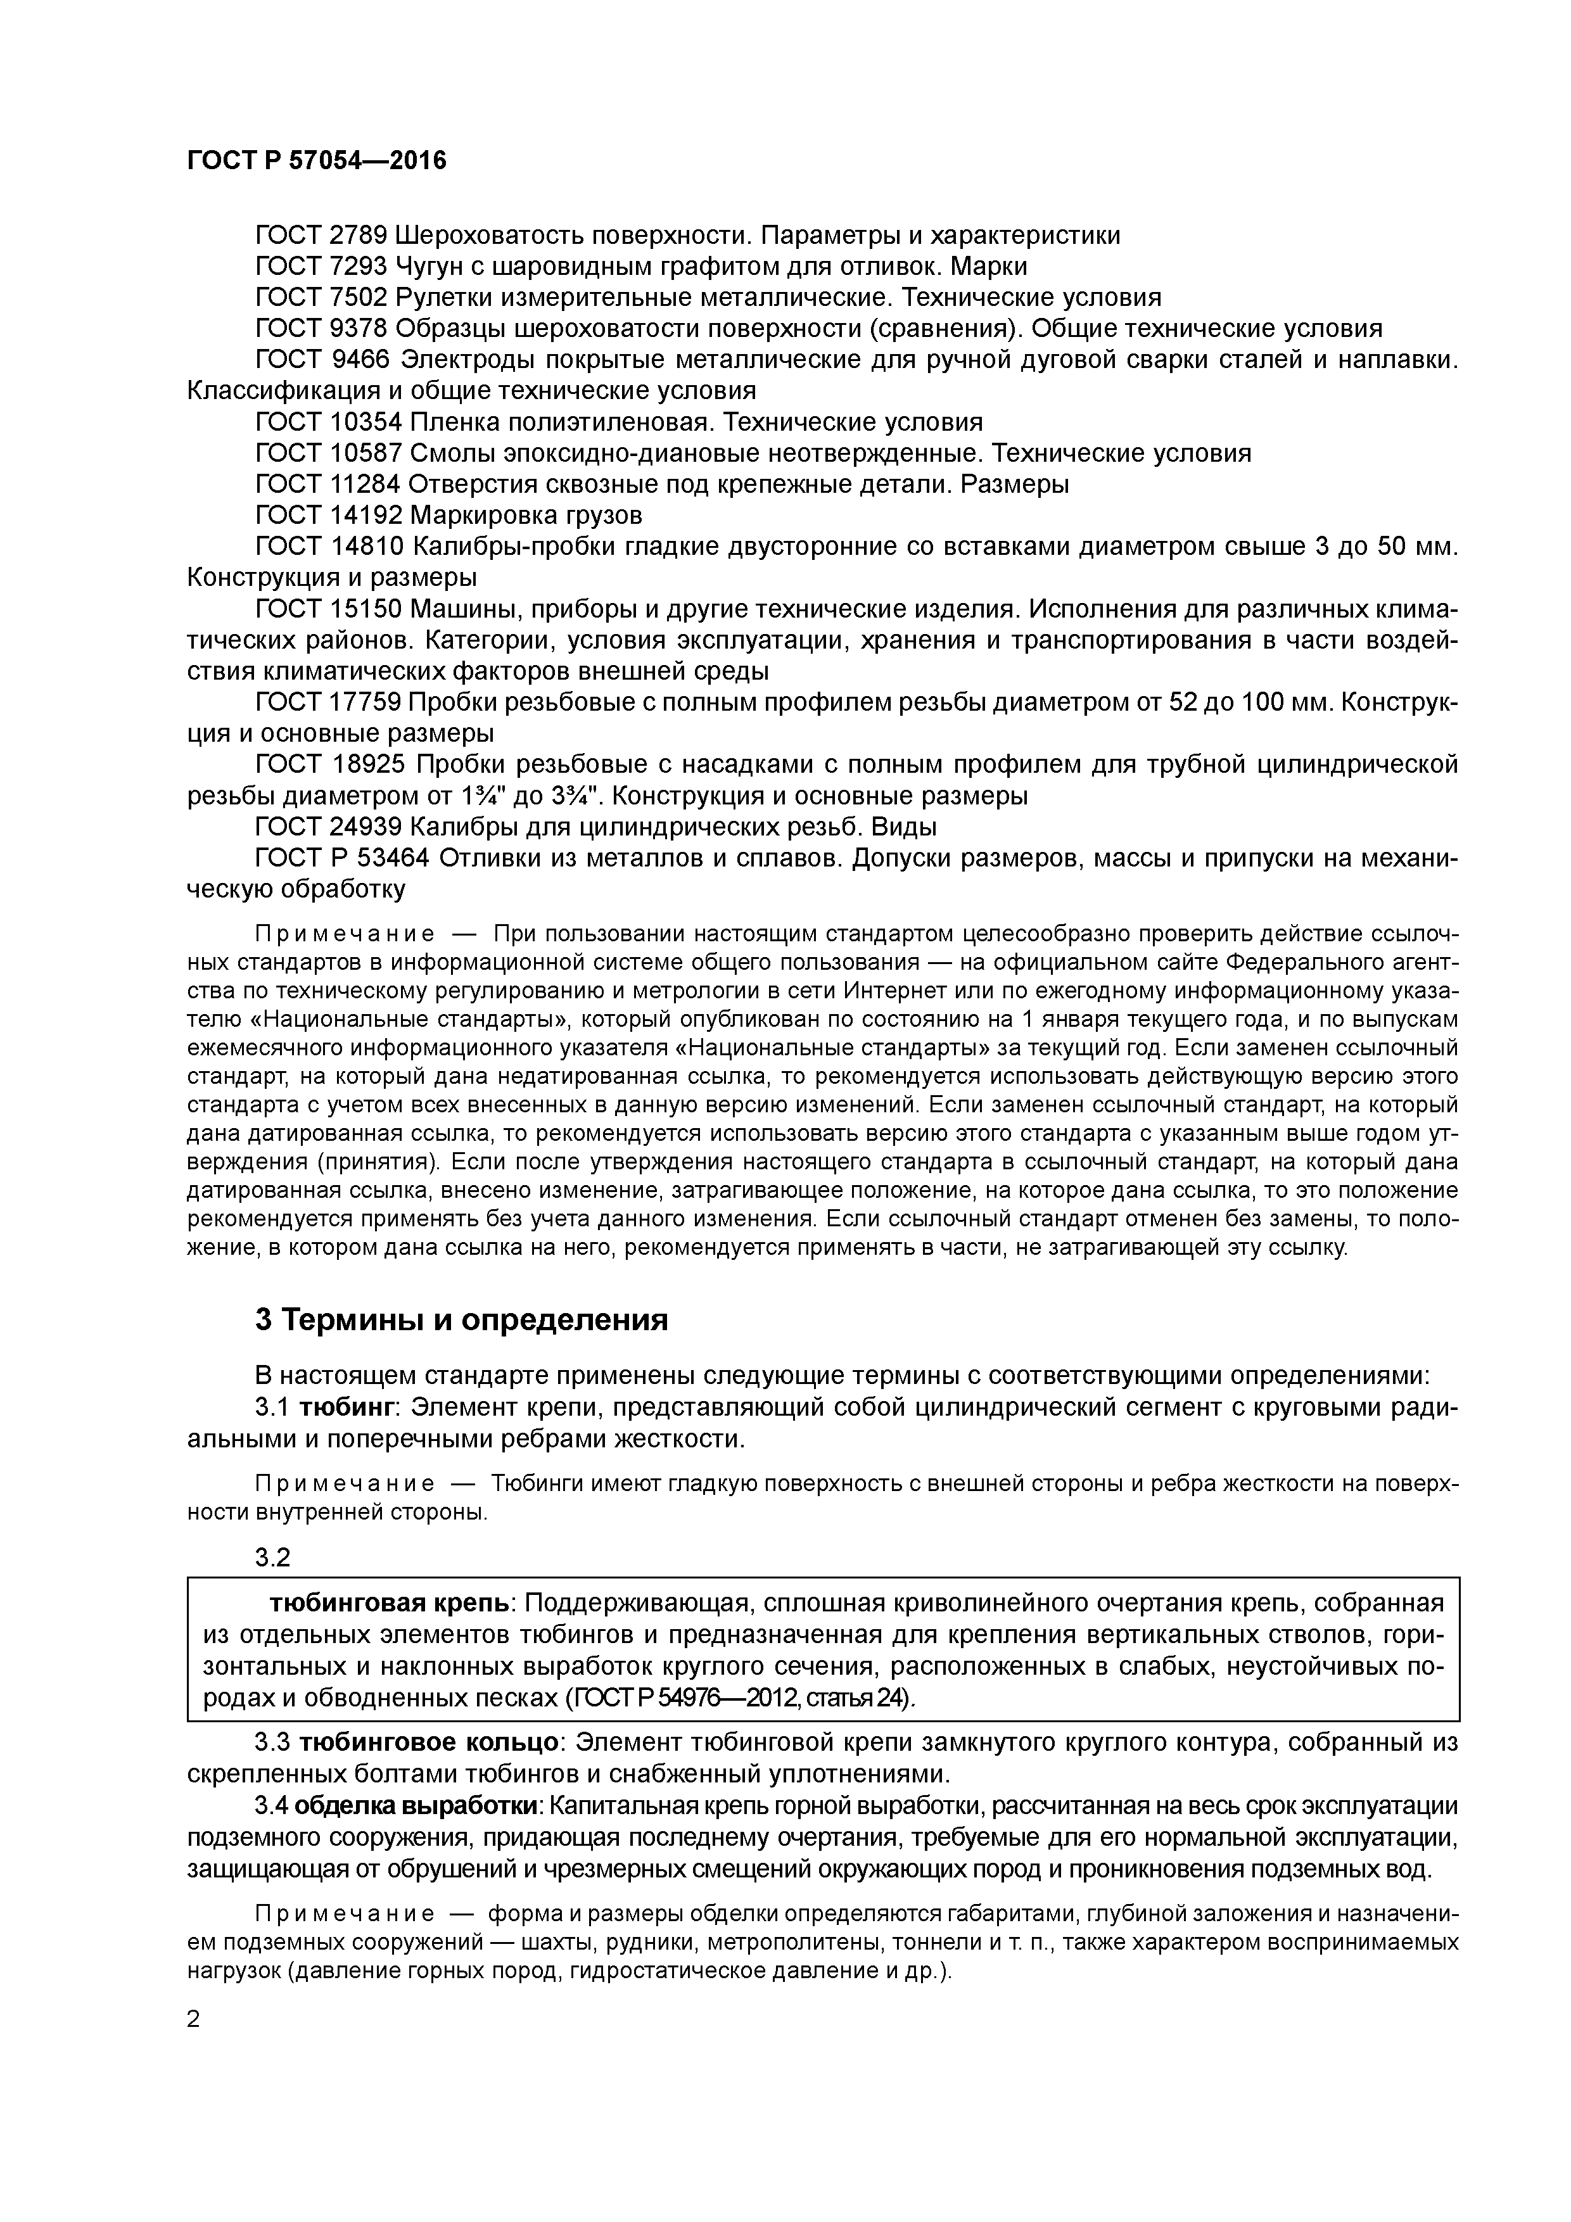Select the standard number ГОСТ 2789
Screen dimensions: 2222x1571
[321, 235]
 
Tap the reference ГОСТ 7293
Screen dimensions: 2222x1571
[321, 266]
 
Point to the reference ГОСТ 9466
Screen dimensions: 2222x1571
[322, 360]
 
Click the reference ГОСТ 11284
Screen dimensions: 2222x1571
[326, 484]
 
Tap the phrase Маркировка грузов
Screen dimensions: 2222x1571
[526, 515]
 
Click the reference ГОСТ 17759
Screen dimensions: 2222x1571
[327, 702]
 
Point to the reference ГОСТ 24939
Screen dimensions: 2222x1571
[327, 827]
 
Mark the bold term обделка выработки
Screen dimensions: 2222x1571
[417, 1806]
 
